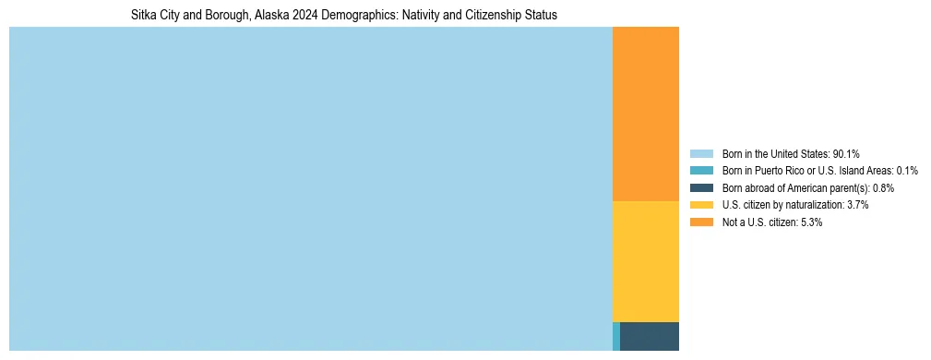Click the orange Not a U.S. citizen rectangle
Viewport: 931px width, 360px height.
645,114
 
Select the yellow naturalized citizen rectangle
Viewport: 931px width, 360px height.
645,261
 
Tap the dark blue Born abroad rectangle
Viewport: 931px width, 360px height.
649,336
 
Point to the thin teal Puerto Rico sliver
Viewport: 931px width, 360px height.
616,336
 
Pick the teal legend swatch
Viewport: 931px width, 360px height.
701,171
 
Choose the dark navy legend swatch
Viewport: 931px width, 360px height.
701,188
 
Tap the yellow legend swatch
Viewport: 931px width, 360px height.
701,205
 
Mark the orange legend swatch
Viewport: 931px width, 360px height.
701,222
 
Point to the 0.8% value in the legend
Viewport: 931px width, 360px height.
881,188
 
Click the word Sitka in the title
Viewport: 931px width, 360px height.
144,16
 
